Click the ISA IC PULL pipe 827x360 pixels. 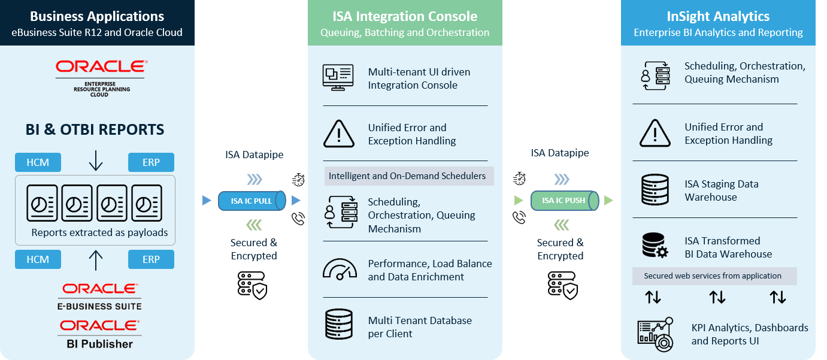coord(252,201)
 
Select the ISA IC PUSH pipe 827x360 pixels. coord(564,201)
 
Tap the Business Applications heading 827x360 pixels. coord(97,16)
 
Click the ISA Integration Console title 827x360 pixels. coord(405,16)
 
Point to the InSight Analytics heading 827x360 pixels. coord(718,16)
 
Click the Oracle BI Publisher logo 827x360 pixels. coord(99,334)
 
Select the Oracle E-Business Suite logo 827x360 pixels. coord(99,297)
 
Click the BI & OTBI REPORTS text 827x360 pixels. coord(95,130)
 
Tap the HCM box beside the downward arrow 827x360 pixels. coord(38,162)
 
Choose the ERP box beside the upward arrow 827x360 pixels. coord(151,259)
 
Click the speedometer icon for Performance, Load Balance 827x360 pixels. coord(340,270)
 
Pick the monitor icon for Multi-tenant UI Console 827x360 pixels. coord(338,78)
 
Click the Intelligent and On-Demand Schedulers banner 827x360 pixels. coord(407,176)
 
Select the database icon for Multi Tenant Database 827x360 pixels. coord(339,324)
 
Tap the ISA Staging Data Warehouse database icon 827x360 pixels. coord(655,190)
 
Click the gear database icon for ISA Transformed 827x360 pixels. coord(655,246)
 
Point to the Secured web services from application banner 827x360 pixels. coord(714,276)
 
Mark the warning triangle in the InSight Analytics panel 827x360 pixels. coord(655,133)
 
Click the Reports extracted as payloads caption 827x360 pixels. coord(99,232)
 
